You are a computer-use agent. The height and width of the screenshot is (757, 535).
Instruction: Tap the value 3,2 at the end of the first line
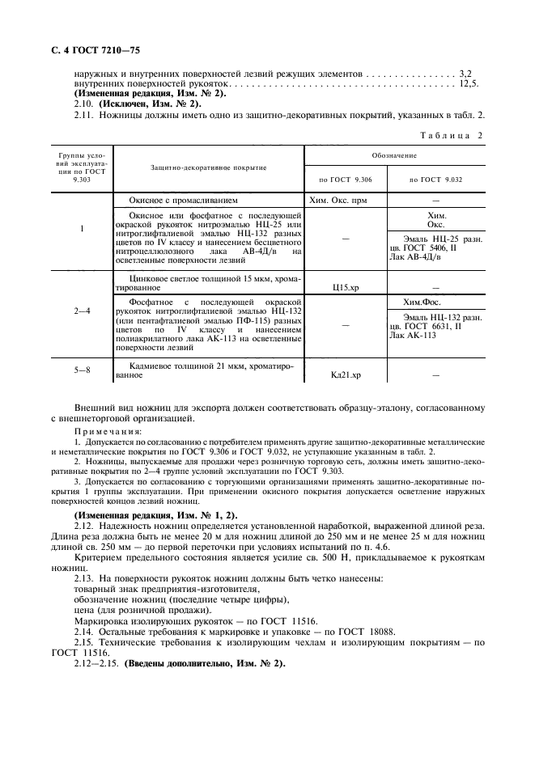click(467, 73)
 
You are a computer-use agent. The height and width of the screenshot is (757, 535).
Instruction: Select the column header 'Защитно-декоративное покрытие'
click(210, 167)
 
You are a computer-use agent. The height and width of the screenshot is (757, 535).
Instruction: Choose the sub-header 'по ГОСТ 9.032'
click(436, 179)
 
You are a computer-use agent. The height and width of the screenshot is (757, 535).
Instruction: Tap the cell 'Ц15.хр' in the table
click(346, 286)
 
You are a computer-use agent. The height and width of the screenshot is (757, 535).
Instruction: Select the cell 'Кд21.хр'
click(346, 374)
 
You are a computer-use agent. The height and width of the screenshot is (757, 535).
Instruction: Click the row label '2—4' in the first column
click(82, 311)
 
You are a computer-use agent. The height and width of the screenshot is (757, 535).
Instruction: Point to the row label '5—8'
click(82, 370)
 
